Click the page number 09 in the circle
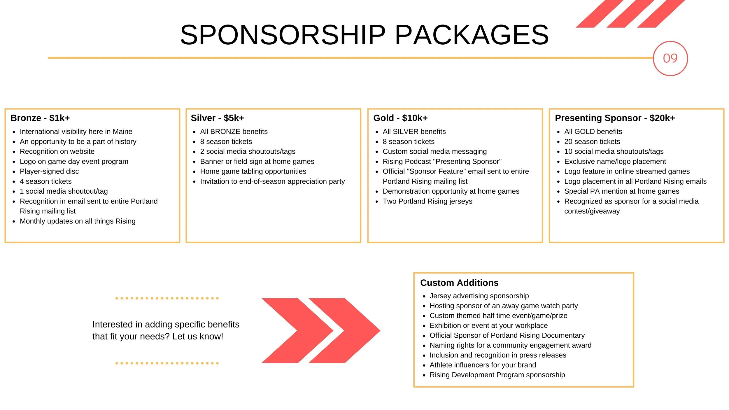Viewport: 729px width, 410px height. coord(670,58)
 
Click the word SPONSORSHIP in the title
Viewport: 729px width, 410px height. coord(283,35)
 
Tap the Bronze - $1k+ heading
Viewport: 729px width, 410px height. coord(40,118)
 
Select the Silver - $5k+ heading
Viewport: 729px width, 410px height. coord(217,118)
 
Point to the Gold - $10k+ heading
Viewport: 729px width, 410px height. coord(400,118)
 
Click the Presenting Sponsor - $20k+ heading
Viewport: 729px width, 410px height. coord(615,118)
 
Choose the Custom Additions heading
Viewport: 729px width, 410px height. coord(459,283)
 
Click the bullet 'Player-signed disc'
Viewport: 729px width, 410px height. coord(49,171)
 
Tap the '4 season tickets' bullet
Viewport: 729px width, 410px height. coord(45,181)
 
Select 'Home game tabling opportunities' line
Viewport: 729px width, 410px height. coord(253,171)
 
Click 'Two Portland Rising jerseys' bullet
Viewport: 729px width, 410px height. coord(427,201)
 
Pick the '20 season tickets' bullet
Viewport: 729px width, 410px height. coord(592,142)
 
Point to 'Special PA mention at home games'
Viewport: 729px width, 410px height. coord(621,191)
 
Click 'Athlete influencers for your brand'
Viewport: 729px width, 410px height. coord(483,365)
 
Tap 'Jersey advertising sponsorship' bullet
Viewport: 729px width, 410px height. coord(479,296)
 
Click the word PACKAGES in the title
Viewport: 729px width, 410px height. coord(472,35)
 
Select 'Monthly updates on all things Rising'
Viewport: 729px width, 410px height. coord(78,221)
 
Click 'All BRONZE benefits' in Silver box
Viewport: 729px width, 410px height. coord(234,132)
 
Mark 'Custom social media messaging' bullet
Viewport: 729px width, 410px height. coord(434,152)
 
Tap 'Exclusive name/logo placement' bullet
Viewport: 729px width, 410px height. coord(615,162)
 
